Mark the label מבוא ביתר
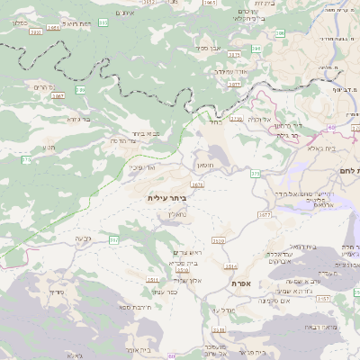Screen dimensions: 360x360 click(x=147, y=133)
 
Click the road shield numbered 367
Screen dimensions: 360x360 click(x=114, y=240)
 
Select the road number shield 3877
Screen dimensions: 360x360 click(x=234, y=84)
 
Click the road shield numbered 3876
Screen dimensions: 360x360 click(x=197, y=184)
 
